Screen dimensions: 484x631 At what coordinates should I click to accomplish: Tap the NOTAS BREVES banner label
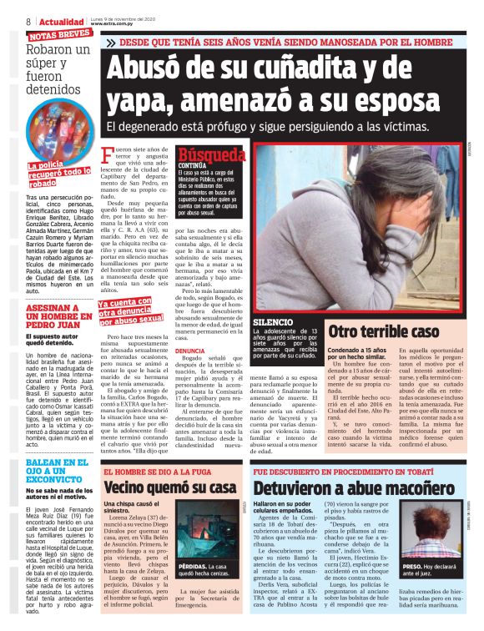click(59, 34)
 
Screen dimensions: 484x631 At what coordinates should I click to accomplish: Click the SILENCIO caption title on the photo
click(273, 321)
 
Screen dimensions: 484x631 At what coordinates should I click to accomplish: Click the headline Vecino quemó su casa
click(159, 487)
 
